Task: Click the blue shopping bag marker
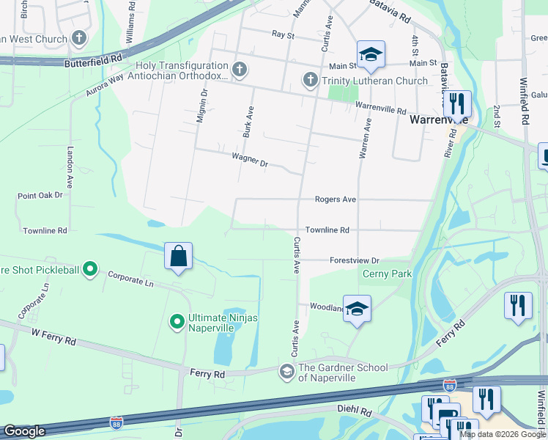point(178,257)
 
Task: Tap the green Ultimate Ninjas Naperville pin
point(177,321)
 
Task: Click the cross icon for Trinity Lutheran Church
point(310,80)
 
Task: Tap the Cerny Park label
point(388,274)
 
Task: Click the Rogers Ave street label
point(335,199)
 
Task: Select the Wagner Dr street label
point(249,159)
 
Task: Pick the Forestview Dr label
point(354,260)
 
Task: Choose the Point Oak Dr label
point(40,196)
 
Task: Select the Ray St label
point(282,34)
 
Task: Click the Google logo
point(24,431)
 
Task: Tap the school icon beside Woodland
point(357,308)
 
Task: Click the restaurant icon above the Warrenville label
point(457,103)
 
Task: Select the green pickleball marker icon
point(90,270)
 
